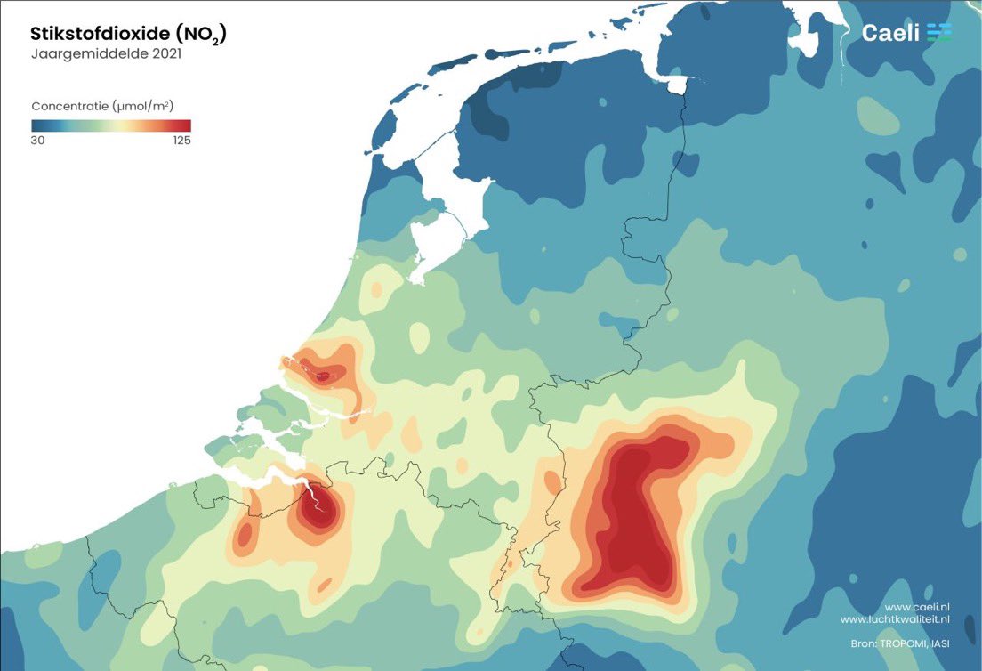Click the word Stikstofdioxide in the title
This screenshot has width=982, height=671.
click(99, 35)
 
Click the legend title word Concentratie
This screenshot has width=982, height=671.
click(70, 105)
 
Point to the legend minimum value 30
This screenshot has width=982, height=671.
click(38, 141)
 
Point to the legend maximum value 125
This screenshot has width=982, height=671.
click(180, 141)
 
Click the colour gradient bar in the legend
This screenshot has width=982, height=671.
click(111, 125)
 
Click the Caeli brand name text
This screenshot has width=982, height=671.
click(889, 33)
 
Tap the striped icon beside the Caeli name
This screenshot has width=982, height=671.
click(938, 33)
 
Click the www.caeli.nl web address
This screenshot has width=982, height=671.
click(916, 605)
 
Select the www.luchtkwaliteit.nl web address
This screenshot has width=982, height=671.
click(896, 619)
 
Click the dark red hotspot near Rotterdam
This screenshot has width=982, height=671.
click(322, 376)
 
